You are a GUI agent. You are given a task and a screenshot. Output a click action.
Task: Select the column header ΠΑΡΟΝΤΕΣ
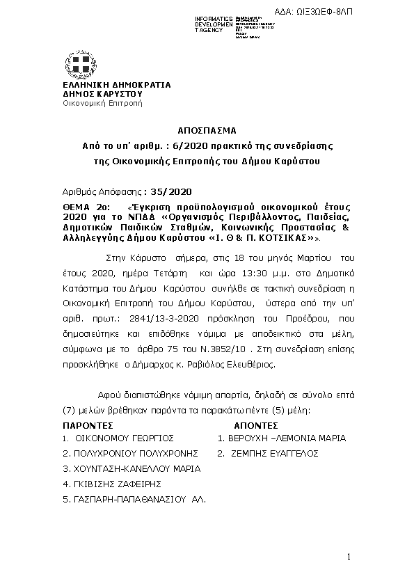pyautogui.click(x=88, y=424)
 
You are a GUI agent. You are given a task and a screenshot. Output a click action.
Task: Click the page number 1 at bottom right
pyautogui.click(x=349, y=557)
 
